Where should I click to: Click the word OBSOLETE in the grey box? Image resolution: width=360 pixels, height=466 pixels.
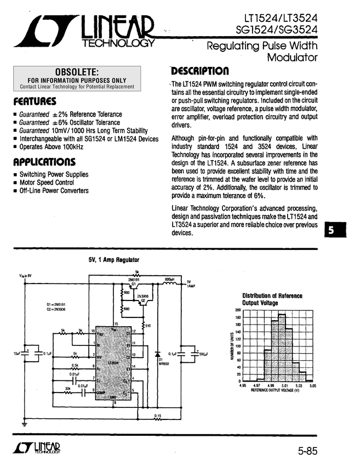click(x=77, y=72)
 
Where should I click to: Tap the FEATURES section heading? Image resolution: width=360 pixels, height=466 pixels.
click(x=35, y=101)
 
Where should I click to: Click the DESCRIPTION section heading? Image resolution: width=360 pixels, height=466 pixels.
click(x=199, y=71)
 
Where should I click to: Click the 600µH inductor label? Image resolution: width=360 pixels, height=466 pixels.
click(x=169, y=279)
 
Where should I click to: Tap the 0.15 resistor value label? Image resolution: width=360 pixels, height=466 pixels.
click(x=157, y=416)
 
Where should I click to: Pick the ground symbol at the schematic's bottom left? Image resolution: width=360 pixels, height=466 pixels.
click(x=24, y=423)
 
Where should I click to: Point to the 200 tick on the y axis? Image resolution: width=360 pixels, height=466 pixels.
click(x=238, y=310)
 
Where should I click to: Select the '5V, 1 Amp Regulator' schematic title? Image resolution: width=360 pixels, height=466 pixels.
click(x=114, y=259)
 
